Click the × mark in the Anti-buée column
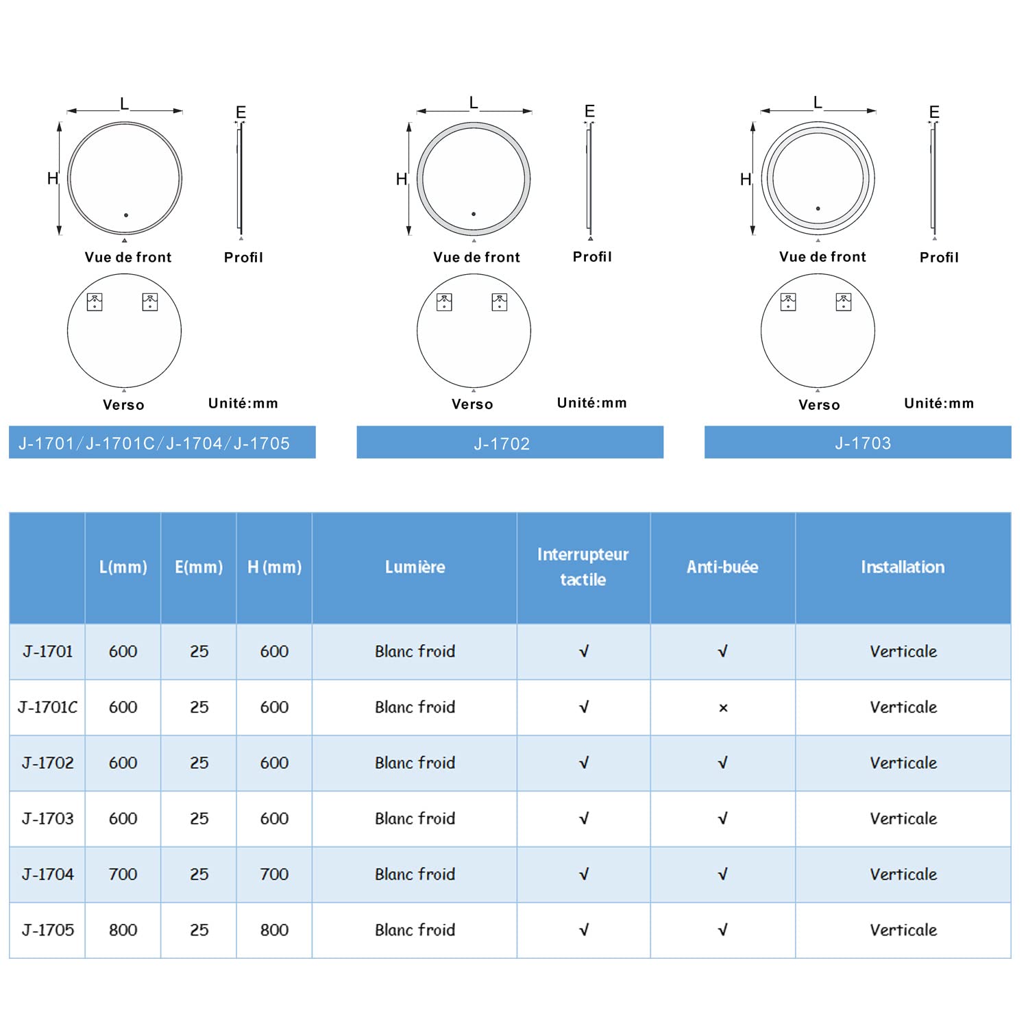723,708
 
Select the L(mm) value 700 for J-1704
123,874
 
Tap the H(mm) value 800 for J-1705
274,930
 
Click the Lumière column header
415,567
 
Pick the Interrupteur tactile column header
583,567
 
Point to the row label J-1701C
47,707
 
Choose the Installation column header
903,567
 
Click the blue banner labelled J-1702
510,442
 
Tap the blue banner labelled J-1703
858,442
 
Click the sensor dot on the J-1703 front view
818,208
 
